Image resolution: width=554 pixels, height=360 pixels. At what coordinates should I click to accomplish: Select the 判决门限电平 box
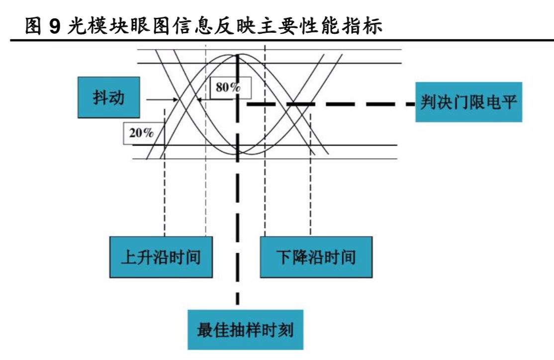pyautogui.click(x=468, y=102)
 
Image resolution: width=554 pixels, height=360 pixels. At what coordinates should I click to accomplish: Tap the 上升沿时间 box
pyautogui.click(x=161, y=257)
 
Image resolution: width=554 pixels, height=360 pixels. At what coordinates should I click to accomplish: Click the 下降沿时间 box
pyautogui.click(x=316, y=257)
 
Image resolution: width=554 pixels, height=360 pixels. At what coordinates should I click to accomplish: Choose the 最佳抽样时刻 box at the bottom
pyautogui.click(x=245, y=330)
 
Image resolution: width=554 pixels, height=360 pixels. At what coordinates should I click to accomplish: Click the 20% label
pyautogui.click(x=141, y=133)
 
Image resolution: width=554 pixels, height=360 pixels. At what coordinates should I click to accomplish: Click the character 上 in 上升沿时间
pyautogui.click(x=129, y=257)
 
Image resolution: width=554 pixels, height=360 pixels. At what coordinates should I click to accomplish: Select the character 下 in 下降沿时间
pyautogui.click(x=284, y=257)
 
